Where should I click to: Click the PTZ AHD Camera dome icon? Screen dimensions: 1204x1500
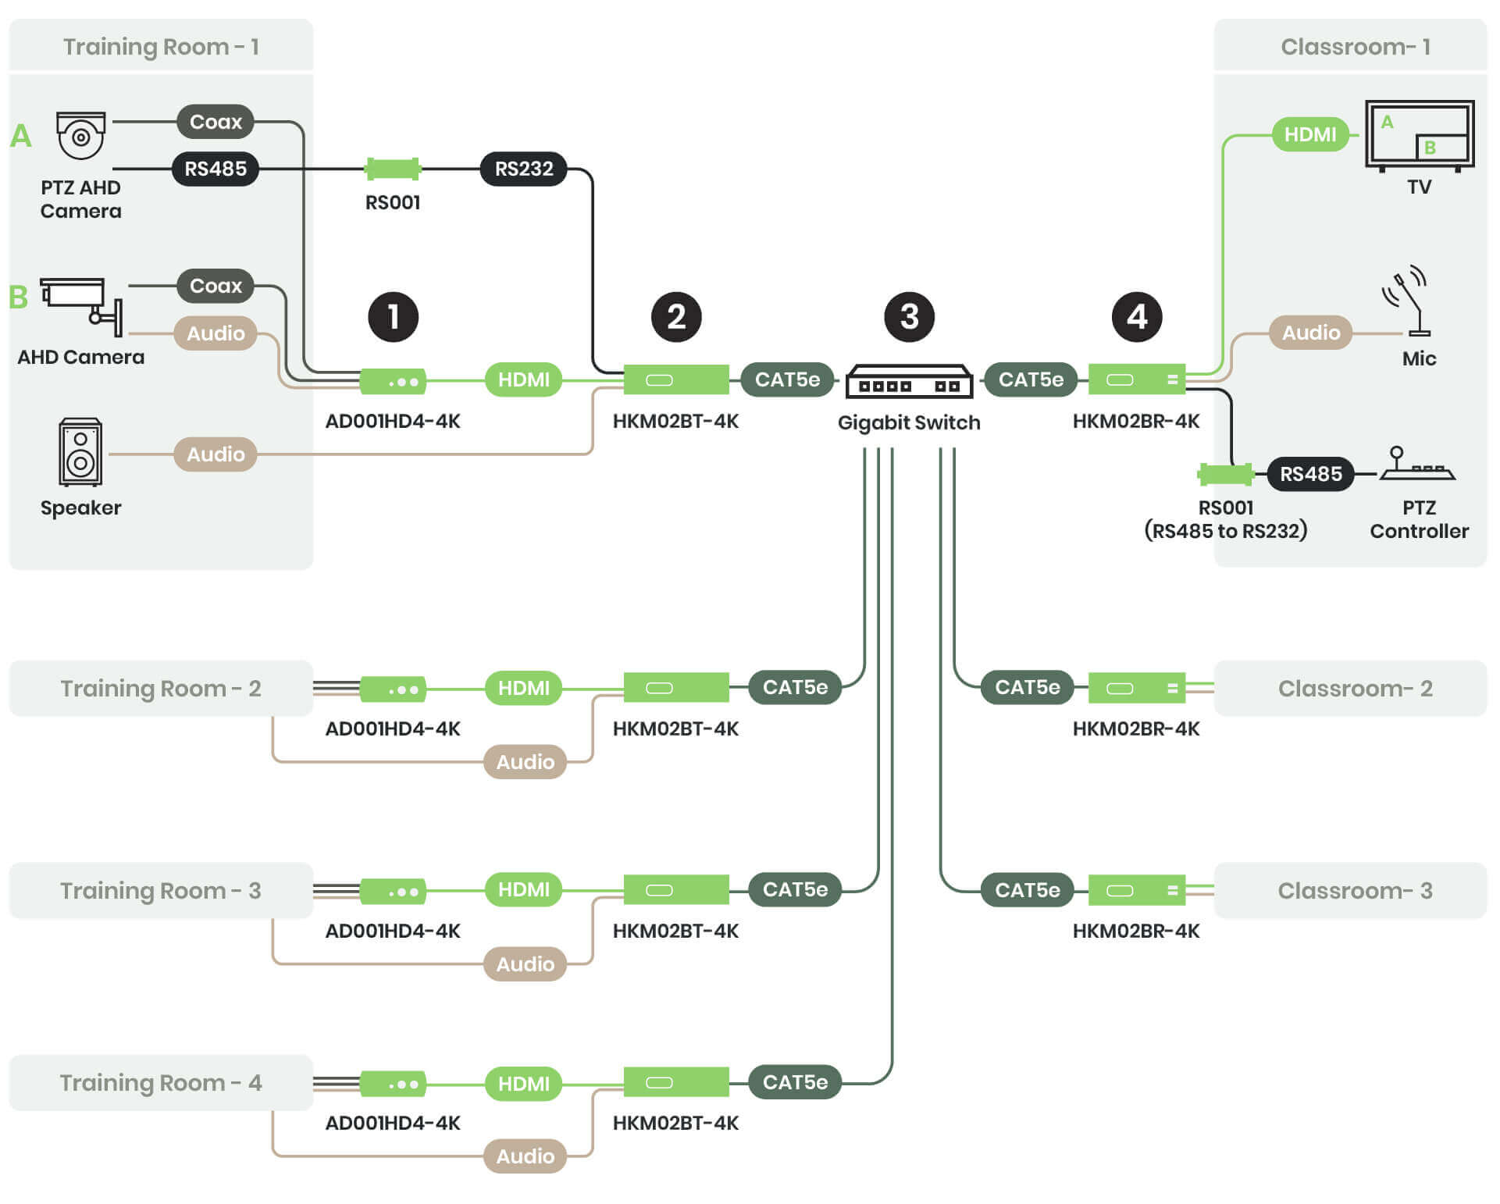tap(80, 135)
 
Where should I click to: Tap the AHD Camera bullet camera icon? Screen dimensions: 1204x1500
tap(82, 305)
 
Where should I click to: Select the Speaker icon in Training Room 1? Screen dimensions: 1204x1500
tap(80, 452)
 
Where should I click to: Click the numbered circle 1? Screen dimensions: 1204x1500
tap(393, 317)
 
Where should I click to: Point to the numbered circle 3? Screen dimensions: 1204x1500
tap(909, 317)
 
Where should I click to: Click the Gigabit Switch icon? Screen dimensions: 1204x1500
tap(909, 381)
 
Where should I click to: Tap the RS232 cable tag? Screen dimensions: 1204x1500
tap(524, 169)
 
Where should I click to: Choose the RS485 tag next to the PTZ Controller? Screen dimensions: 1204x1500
tap(1310, 474)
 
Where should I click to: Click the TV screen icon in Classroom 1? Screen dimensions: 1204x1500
tap(1419, 135)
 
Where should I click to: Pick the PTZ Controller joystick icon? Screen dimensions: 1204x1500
tap(1416, 464)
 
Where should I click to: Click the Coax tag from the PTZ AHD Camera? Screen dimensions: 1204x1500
tap(216, 122)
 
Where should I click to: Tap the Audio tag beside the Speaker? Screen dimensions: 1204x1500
tap(216, 454)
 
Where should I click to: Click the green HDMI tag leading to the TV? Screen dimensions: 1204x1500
tap(1309, 134)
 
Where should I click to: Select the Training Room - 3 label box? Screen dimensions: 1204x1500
tap(161, 890)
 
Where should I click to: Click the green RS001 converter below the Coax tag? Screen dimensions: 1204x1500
tap(393, 169)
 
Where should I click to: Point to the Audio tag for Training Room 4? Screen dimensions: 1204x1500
tap(525, 1156)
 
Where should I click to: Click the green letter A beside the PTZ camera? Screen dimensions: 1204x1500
tap(21, 136)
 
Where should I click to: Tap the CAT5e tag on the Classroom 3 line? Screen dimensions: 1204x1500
tap(1027, 889)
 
